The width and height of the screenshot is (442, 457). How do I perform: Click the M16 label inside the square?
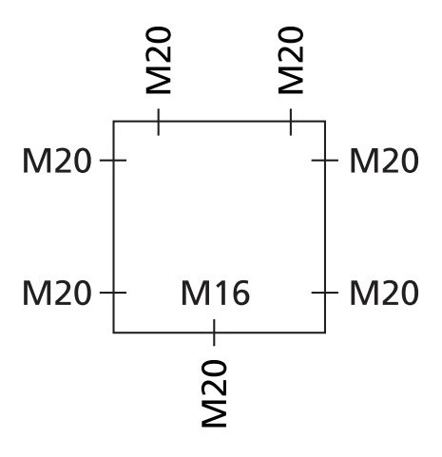216,294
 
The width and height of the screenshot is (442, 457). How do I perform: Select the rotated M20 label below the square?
216,392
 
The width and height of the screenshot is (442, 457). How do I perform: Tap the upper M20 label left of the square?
57,161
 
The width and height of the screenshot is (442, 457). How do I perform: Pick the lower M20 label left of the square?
57,294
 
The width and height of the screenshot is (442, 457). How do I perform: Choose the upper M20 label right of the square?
384,161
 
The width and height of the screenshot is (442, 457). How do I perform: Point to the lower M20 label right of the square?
384,294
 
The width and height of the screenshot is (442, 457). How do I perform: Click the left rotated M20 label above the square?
159,60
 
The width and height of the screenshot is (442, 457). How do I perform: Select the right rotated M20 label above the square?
291,60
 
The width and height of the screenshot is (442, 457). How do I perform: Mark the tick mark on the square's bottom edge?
214,333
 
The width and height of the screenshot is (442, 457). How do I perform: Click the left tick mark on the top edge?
158,122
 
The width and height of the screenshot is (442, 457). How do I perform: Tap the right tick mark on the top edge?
290,122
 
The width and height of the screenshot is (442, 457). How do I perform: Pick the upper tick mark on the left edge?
114,161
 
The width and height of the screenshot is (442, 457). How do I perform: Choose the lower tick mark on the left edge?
114,294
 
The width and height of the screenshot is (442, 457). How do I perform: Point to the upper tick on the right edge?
325,161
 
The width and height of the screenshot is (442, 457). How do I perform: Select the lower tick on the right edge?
325,294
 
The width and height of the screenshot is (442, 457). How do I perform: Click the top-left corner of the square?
114,122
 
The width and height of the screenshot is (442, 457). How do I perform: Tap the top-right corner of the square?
325,122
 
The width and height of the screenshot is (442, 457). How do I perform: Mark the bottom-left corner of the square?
114,333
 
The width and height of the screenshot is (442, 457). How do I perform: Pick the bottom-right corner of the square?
325,333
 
